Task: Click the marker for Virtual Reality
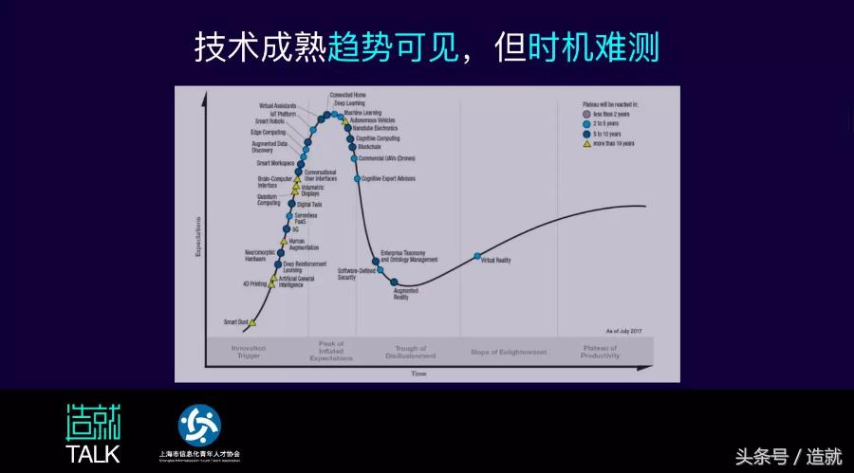coord(477,256)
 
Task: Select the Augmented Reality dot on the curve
coord(395,282)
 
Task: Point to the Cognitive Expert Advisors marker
coord(357,178)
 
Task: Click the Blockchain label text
coord(370,148)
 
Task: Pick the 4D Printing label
coord(255,282)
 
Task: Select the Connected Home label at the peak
coord(348,95)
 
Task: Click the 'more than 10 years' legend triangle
coord(587,144)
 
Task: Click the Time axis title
coord(418,373)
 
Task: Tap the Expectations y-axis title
coord(197,237)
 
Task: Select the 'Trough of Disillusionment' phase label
coord(411,353)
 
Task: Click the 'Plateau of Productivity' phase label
coord(600,352)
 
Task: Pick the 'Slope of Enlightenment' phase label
coord(509,352)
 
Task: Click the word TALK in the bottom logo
coord(92,453)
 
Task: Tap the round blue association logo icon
coord(199,426)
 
